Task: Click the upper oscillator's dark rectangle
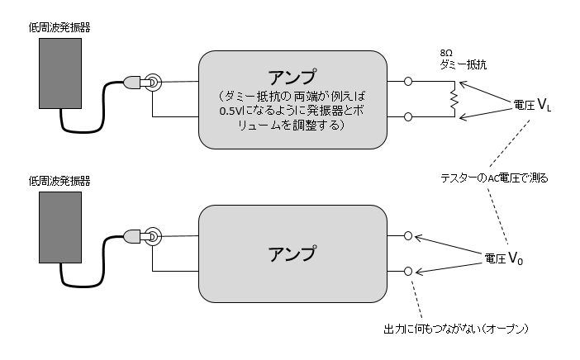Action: point(62,73)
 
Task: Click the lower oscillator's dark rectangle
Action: point(62,226)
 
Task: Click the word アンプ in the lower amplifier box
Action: point(292,253)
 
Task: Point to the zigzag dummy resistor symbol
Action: point(452,100)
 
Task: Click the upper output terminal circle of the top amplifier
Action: point(409,82)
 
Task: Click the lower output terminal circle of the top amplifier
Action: point(409,116)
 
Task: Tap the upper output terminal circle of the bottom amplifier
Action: point(409,235)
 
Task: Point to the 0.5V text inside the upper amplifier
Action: point(231,112)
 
